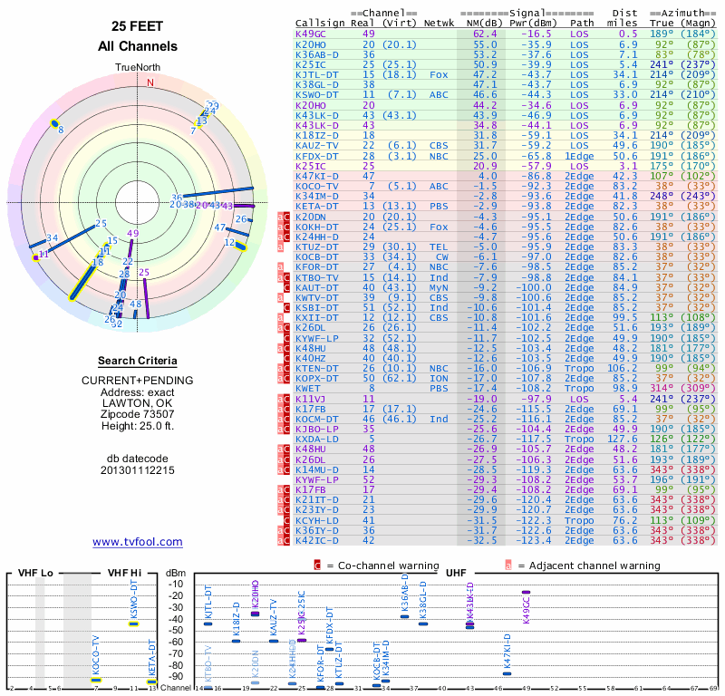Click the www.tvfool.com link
tap(138, 542)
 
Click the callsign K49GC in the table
tap(311, 34)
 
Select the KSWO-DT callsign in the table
tap(316, 93)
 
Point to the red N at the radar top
tap(150, 82)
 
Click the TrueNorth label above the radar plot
tap(138, 68)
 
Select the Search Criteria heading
tap(138, 361)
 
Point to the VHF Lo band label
tap(31, 573)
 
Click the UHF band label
tap(458, 573)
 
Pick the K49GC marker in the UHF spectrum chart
tap(526, 593)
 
